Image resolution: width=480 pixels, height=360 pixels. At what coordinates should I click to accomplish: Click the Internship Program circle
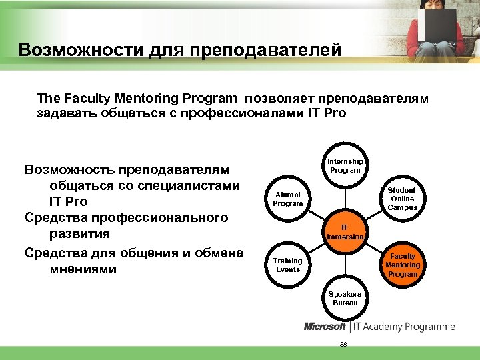click(345, 165)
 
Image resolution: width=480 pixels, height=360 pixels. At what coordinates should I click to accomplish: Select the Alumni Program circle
click(287, 199)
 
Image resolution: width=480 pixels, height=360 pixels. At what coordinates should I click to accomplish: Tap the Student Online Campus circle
click(402, 199)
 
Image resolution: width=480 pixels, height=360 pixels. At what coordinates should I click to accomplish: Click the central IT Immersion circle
click(345, 231)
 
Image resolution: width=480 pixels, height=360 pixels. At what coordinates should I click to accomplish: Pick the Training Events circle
click(287, 265)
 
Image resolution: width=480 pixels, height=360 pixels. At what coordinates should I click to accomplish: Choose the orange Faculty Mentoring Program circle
click(402, 265)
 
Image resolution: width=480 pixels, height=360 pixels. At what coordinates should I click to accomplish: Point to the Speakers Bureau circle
click(345, 298)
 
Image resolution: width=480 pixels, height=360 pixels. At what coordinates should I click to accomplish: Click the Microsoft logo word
click(325, 327)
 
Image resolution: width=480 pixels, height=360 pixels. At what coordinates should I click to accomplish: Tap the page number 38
click(343, 344)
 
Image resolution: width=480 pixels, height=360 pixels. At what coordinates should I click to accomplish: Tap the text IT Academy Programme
click(404, 327)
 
